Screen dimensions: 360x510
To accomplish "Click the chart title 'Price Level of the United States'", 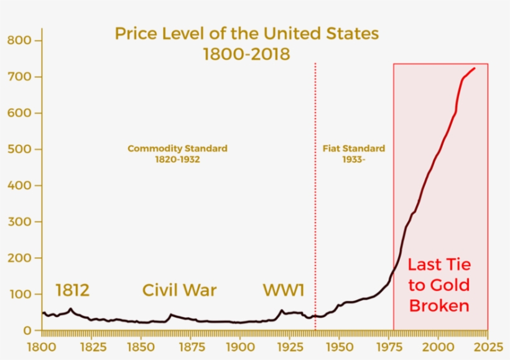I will (246, 34).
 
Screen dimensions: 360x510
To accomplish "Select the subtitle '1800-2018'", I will (246, 54).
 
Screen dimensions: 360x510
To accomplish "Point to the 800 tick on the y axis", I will (19, 40).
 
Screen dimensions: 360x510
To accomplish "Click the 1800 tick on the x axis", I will (42, 344).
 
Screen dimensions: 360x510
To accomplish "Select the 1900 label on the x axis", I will (240, 344).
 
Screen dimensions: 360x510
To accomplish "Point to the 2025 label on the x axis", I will (487, 344).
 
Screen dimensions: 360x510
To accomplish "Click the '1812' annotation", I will (73, 290).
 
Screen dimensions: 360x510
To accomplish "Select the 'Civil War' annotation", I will (180, 290).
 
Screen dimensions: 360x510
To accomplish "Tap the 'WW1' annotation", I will (284, 290).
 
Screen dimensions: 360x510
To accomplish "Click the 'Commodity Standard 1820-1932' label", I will (177, 154).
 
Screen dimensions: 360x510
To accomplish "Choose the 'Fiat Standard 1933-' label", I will (353, 154).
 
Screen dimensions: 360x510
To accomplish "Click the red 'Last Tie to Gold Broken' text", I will (439, 285).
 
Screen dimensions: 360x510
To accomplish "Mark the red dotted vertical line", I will (315, 187).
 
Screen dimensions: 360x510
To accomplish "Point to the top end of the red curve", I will (475, 68).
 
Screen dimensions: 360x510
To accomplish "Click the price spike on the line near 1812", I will (71, 309).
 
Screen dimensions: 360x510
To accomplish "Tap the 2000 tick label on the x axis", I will (438, 344).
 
